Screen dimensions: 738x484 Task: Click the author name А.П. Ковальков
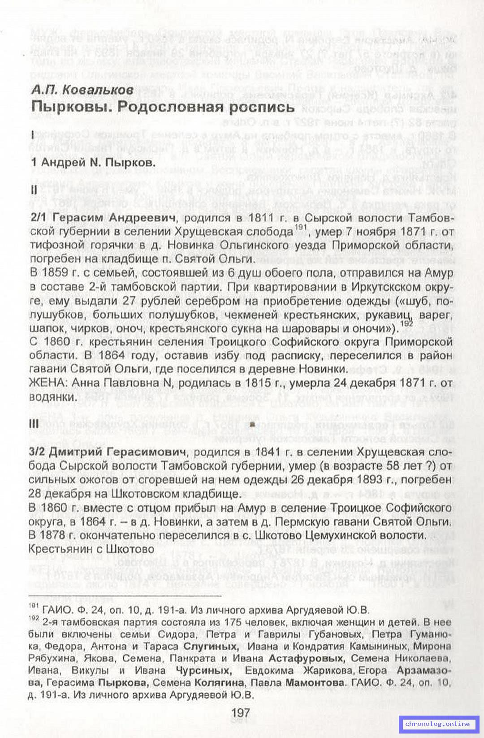click(x=82, y=90)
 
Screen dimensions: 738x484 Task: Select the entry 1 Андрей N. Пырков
click(x=93, y=162)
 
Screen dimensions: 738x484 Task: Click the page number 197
click(x=241, y=712)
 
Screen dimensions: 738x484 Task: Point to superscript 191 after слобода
click(x=300, y=228)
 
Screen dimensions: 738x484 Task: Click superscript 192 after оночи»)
click(x=406, y=323)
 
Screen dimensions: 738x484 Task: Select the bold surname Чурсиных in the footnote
click(x=203, y=671)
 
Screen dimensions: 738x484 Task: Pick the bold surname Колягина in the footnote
click(x=219, y=683)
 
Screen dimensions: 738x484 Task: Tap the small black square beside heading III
click(x=252, y=423)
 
